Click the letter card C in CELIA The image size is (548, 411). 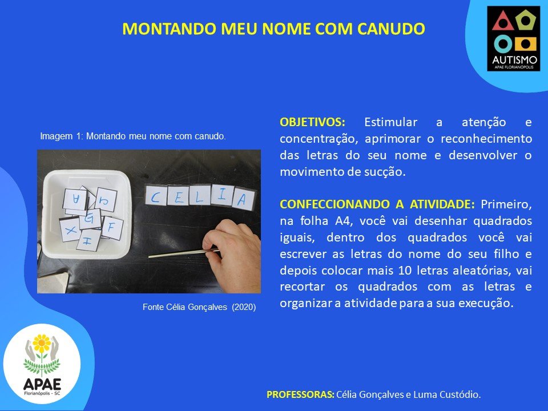[156, 196]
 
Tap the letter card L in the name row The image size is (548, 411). [200, 196]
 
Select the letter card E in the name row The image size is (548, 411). [178, 196]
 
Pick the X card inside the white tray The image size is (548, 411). [71, 229]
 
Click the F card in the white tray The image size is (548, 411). [112, 228]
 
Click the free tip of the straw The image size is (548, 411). [150, 257]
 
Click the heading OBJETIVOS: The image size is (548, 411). [312, 122]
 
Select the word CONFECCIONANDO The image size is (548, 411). [335, 204]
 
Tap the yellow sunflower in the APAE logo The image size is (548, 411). [42, 343]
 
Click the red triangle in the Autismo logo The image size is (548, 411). [502, 21]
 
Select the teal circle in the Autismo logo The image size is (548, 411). [503, 44]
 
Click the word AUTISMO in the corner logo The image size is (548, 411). [514, 60]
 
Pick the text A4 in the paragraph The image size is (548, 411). [344, 221]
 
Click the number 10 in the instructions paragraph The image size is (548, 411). [405, 271]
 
